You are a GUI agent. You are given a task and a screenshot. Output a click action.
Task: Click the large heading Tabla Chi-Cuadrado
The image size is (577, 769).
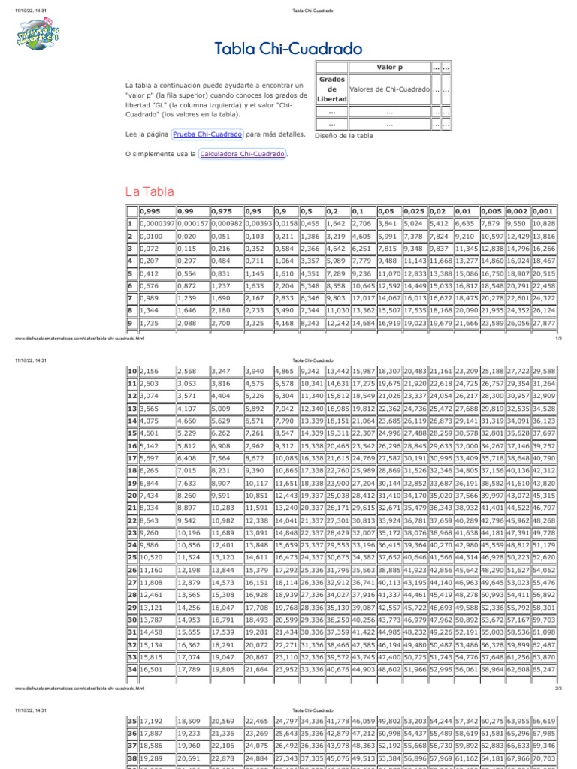pos(288,50)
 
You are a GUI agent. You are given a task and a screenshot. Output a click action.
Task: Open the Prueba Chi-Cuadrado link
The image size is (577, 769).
pos(207,134)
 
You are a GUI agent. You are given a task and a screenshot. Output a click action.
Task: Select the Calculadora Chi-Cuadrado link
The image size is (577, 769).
pos(242,154)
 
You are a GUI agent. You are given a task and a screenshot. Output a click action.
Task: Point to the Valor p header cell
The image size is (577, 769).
pos(389,67)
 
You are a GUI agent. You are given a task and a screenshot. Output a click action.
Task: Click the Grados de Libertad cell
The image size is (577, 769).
pos(332,89)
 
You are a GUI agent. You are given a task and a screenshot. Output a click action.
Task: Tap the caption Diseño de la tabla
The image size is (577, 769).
pos(343,136)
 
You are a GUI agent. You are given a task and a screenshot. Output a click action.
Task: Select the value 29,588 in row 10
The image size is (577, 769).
pos(544,372)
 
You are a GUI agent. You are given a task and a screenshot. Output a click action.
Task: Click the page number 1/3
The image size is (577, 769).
pos(558,339)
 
